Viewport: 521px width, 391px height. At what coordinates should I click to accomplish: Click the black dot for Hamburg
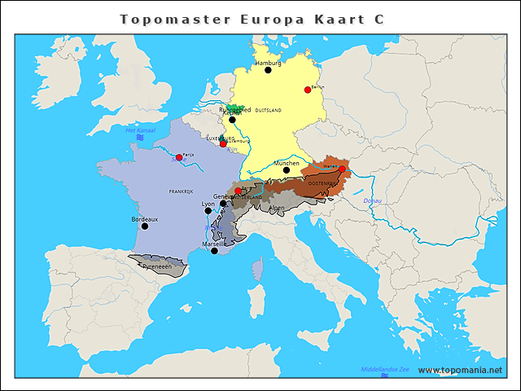point(268,70)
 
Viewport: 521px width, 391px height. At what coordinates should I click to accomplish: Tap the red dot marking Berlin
point(308,90)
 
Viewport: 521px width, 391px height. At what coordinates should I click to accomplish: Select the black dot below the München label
point(286,170)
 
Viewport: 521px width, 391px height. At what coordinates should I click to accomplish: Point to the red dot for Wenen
point(342,169)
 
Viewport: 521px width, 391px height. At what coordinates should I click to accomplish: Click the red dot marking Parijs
point(179,157)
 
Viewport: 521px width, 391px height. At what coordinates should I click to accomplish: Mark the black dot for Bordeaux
point(134,227)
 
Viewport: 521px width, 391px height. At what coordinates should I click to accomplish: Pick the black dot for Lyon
point(208,211)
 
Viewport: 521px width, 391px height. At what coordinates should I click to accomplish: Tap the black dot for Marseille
point(214,251)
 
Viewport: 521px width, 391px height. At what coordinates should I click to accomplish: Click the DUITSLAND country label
point(268,110)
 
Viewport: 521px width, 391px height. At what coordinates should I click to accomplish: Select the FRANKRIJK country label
point(181,191)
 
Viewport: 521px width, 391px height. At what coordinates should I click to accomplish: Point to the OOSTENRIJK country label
point(322,183)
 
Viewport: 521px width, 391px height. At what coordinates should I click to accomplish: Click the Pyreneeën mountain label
point(158,266)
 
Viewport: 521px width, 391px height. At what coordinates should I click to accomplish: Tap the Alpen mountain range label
point(278,208)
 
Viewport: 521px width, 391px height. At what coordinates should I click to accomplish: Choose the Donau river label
point(372,200)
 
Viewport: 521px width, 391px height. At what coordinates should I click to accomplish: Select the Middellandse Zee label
point(385,369)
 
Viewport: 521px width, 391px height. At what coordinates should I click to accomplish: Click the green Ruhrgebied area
point(234,109)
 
